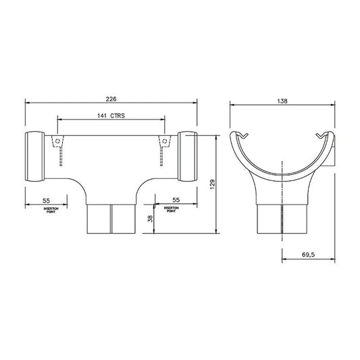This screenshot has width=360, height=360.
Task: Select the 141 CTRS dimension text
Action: [x=112, y=116]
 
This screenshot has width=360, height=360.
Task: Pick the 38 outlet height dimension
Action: [x=149, y=217]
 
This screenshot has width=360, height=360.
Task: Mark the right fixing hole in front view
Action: [x=164, y=143]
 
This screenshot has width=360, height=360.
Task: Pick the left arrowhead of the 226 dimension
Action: [x=28, y=102]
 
